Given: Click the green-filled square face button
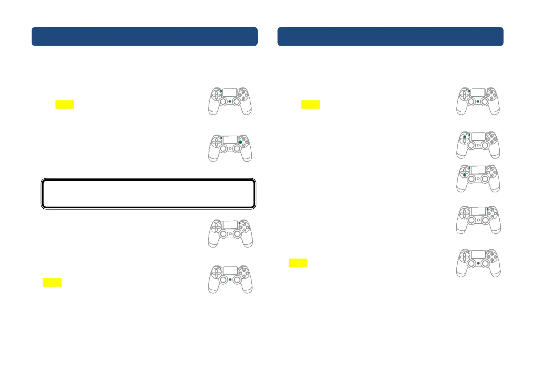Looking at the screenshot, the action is coord(240,142).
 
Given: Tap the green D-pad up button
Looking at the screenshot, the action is coord(465,137).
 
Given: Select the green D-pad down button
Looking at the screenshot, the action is coord(465,175).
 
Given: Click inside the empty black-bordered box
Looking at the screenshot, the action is coord(149,194).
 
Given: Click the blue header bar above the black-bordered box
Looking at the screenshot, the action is coord(144,36).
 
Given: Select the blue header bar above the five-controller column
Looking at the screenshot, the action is coord(390,36).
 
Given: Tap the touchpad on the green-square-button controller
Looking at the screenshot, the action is coord(230,139).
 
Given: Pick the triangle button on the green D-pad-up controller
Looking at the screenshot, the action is coord(492,136).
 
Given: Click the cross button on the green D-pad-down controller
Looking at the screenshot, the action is coord(492,175).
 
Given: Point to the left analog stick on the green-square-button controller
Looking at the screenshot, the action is coord(223,148).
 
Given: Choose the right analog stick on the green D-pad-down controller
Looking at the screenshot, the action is coord(485,179).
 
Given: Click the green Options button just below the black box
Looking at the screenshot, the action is coord(239,223).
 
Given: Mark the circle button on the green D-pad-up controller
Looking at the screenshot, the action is coord(495,139).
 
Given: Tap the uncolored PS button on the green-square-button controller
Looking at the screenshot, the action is coord(230,148).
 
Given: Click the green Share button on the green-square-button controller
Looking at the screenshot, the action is coord(221,138).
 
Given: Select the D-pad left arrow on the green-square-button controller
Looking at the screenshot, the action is coord(214,142).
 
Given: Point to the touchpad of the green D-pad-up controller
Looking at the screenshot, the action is coord(478,137).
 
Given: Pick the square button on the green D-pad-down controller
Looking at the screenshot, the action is coord(489,173).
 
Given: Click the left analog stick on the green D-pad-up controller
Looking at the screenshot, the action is coord(471,145).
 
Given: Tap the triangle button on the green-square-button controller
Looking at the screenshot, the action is coord(244,139).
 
